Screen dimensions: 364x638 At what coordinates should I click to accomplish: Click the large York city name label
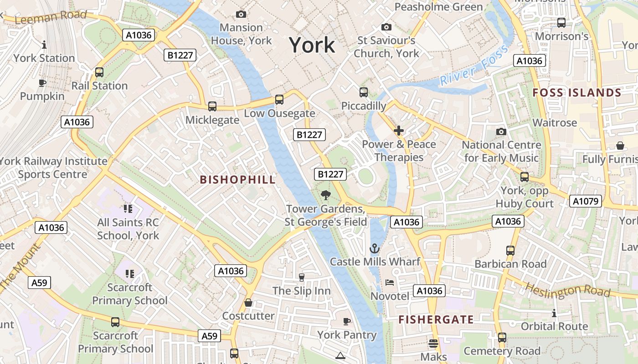pyautogui.click(x=312, y=45)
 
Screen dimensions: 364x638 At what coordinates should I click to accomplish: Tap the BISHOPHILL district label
pyautogui.click(x=238, y=180)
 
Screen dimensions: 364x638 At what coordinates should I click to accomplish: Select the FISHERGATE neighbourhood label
pyautogui.click(x=436, y=319)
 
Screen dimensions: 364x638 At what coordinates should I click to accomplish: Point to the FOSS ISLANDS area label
pyautogui.click(x=577, y=93)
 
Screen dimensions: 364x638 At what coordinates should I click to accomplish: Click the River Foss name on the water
pyautogui.click(x=474, y=66)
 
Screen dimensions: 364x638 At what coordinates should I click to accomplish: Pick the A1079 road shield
pyautogui.click(x=585, y=201)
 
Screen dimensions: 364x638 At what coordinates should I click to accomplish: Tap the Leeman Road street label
pyautogui.click(x=51, y=17)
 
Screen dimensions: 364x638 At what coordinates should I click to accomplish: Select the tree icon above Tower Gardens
pyautogui.click(x=325, y=195)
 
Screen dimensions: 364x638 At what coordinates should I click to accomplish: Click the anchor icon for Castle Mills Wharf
pyautogui.click(x=374, y=248)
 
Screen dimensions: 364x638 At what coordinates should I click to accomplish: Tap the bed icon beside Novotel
pyautogui.click(x=390, y=283)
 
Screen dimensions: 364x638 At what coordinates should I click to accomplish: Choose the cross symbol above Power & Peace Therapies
pyautogui.click(x=399, y=131)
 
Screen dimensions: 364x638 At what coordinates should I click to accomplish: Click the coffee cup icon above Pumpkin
pyautogui.click(x=42, y=83)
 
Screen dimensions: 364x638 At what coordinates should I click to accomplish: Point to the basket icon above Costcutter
pyautogui.click(x=248, y=303)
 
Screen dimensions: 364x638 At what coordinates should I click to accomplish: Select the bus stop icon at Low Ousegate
pyautogui.click(x=279, y=100)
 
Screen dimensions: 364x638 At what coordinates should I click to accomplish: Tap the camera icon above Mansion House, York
pyautogui.click(x=241, y=15)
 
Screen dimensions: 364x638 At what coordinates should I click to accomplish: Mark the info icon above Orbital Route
pyautogui.click(x=554, y=313)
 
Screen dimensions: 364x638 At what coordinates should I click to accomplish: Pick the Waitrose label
pyautogui.click(x=555, y=123)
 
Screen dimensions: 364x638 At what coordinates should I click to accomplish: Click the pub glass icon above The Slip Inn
pyautogui.click(x=301, y=277)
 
